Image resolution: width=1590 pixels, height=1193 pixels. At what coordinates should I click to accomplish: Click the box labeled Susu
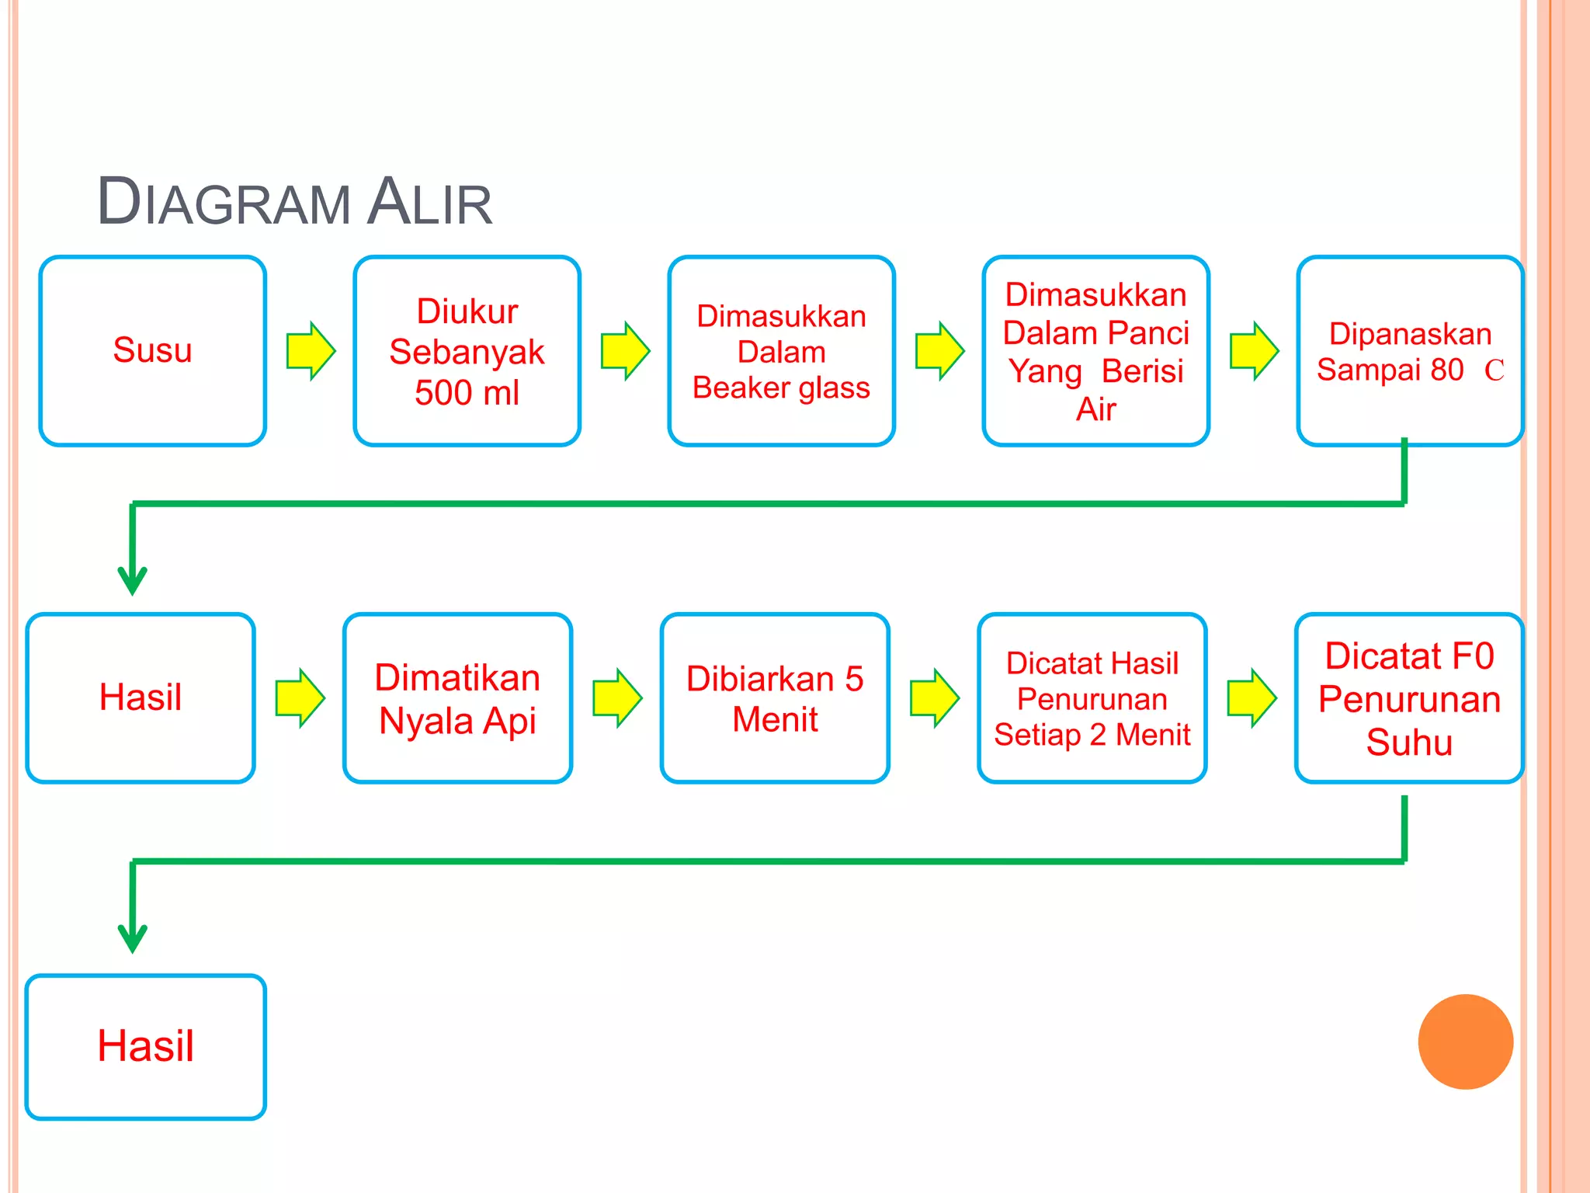click(152, 350)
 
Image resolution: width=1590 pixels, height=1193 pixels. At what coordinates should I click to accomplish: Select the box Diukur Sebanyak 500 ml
click(467, 350)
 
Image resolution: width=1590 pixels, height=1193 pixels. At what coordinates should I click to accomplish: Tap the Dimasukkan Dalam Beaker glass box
click(781, 350)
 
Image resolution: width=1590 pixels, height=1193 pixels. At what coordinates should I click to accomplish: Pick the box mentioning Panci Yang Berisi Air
click(1095, 350)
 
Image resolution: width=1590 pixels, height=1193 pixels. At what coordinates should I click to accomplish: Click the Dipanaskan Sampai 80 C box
click(1409, 350)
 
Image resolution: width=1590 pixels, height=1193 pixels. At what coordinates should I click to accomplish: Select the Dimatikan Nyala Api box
click(457, 697)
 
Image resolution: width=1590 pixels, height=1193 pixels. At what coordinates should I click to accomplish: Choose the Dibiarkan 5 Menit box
click(775, 697)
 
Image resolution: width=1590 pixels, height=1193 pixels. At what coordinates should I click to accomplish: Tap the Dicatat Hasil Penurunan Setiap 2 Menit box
click(1092, 697)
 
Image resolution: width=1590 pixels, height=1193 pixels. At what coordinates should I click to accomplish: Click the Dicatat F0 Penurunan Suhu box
click(1409, 697)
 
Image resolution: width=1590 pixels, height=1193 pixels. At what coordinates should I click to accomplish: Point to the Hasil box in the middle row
click(141, 697)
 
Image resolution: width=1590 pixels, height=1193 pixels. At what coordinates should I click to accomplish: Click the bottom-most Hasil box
click(146, 1046)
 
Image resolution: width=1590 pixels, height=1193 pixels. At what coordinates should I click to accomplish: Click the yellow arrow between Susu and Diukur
click(311, 350)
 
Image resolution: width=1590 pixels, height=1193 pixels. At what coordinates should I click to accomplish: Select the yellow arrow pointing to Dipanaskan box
click(1254, 350)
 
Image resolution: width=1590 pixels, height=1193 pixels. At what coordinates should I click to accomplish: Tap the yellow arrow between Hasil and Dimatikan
click(300, 697)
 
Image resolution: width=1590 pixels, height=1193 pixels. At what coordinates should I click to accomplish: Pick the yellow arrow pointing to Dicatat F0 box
click(1252, 697)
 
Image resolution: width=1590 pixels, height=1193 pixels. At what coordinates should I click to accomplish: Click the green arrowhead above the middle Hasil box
click(133, 579)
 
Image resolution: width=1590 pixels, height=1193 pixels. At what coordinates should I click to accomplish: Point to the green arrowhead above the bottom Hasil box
click(133, 937)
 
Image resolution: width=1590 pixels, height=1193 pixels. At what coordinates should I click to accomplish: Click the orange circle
click(1465, 1042)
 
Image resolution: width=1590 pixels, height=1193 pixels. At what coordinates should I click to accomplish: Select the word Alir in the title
click(430, 202)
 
